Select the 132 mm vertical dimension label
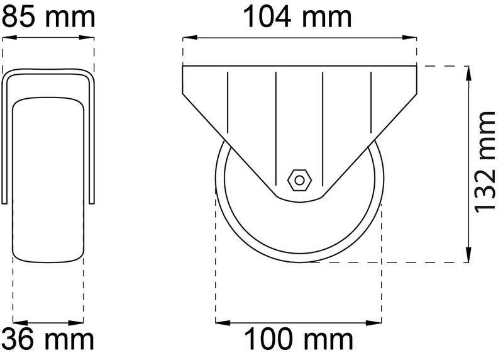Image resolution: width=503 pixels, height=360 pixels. pos(485,162)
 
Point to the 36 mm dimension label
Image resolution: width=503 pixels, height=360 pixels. pos(48,340)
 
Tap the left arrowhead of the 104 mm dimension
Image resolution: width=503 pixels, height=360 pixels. pos(187,37)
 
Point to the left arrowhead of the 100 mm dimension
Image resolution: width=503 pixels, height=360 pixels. pos(219,322)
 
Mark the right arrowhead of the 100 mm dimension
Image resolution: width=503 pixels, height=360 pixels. pos(378,322)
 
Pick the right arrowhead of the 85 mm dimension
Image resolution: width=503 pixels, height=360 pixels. pos(91,37)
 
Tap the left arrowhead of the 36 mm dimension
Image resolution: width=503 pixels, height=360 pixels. pos(17,322)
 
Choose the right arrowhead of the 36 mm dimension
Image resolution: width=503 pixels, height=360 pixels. pos(80,322)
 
